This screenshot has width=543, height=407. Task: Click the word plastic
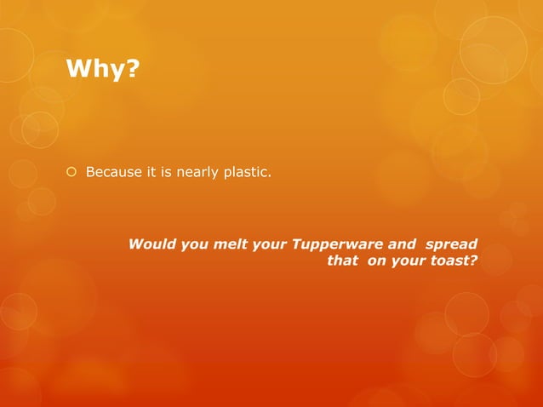pos(246,174)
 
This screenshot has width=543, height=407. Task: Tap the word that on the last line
pos(342,261)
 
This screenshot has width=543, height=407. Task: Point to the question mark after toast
pos(473,261)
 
